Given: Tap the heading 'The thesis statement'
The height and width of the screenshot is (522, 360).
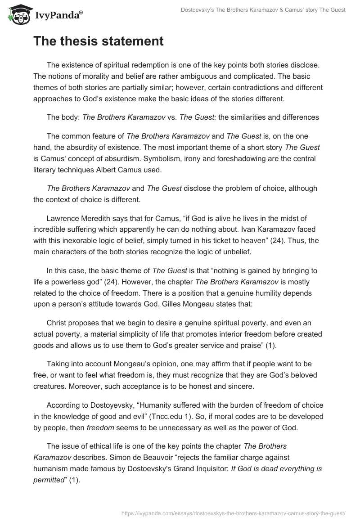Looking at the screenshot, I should pyautogui.click(x=98, y=41).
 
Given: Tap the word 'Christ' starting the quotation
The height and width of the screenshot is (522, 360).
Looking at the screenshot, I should pyautogui.click(x=58, y=323).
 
